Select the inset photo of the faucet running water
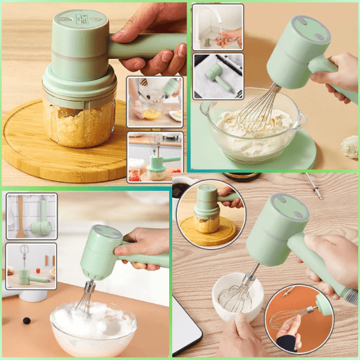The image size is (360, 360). coord(218,27)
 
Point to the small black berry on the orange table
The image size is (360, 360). coord(26,320)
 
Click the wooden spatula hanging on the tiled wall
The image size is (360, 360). coord(21,215)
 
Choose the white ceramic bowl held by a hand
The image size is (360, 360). coord(237,297)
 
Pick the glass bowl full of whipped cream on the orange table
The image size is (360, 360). coord(93,327)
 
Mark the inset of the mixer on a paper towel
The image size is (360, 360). coord(218,76)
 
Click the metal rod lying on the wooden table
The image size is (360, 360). coord(313,185)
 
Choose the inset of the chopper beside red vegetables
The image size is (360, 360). coord(155,157)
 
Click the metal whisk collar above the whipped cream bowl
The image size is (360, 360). coord(90,286)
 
